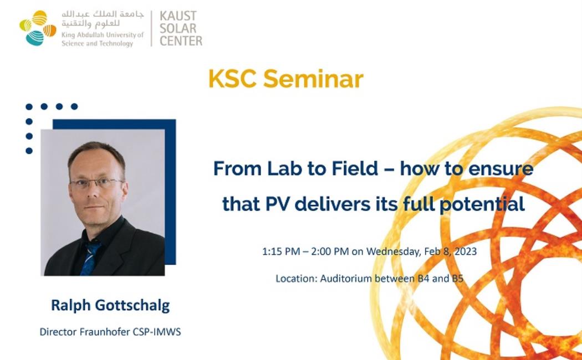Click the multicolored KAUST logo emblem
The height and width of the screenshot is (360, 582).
point(38,28)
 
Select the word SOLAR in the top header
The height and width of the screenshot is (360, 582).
point(178,28)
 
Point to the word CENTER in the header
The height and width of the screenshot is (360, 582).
point(181,40)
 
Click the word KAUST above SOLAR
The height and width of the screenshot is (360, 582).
point(178,16)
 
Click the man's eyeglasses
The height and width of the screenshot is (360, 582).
point(96,182)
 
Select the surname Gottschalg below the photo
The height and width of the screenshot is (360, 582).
point(132,306)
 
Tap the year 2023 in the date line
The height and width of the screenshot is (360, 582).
point(464,252)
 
